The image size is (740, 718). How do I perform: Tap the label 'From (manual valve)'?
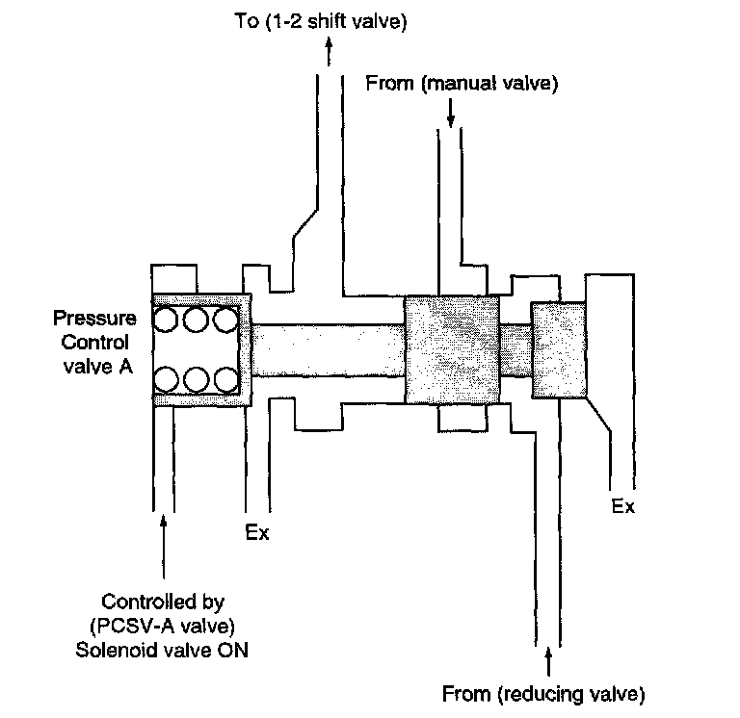[x=462, y=84]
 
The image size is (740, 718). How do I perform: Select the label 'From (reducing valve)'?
[x=542, y=692]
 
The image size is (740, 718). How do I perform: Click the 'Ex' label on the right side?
[x=623, y=506]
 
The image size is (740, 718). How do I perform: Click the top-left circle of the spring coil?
[x=168, y=320]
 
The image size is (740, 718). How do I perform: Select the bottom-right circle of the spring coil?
[x=226, y=379]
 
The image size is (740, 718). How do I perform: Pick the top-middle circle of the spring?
[x=197, y=320]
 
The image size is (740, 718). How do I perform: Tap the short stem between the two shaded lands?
[x=515, y=349]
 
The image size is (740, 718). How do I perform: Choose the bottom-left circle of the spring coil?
[x=168, y=379]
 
